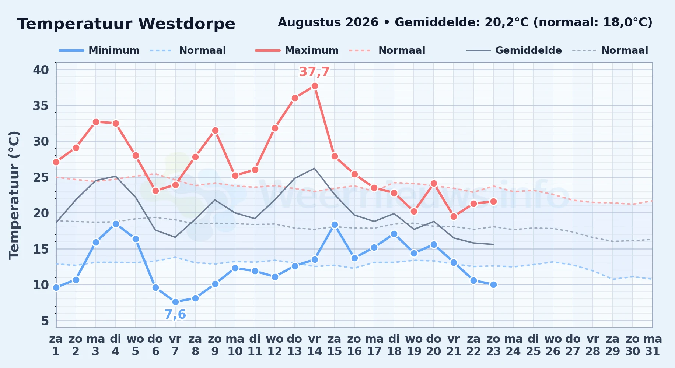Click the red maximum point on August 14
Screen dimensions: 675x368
pyautogui.click(x=315, y=86)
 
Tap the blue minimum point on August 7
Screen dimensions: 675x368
pyautogui.click(x=175, y=302)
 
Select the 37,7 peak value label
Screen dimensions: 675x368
pyautogui.click(x=314, y=72)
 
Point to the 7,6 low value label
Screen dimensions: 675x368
pyautogui.click(x=175, y=315)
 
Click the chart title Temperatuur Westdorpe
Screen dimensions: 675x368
pyautogui.click(x=126, y=24)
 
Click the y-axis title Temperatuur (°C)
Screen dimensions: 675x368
pyautogui.click(x=14, y=195)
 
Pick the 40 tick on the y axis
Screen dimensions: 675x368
pyautogui.click(x=41, y=70)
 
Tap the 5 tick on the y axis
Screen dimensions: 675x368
pyautogui.click(x=45, y=321)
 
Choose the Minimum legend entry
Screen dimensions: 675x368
pyautogui.click(x=99, y=50)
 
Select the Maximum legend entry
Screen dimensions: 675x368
pyautogui.click(x=297, y=50)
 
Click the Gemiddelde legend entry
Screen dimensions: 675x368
pyautogui.click(x=514, y=50)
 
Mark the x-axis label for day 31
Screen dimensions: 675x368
pyautogui.click(x=653, y=345)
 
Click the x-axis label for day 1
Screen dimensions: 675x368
pyautogui.click(x=56, y=345)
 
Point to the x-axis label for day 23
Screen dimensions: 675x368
pyautogui.click(x=493, y=345)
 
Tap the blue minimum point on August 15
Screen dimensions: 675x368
pyautogui.click(x=335, y=224)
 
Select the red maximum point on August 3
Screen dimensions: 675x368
pyautogui.click(x=96, y=122)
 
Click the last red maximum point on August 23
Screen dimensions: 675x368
pyautogui.click(x=494, y=201)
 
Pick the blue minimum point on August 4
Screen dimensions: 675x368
pyautogui.click(x=116, y=224)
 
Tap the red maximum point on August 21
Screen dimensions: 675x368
pyautogui.click(x=454, y=216)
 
